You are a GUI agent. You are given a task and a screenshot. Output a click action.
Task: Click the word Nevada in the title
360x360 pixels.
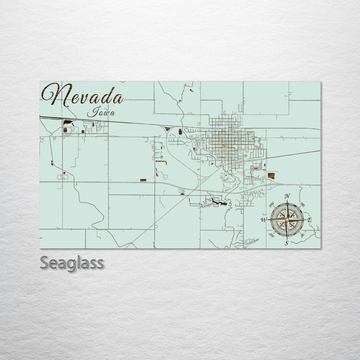click(x=83, y=96)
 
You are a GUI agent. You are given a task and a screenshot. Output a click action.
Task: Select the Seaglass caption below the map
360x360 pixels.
click(x=72, y=262)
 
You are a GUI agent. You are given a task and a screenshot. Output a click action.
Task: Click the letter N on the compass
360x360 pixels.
click(x=287, y=196)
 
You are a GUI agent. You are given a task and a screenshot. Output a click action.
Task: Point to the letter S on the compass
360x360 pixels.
click(x=286, y=243)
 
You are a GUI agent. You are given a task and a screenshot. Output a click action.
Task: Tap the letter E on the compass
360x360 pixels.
click(x=309, y=220)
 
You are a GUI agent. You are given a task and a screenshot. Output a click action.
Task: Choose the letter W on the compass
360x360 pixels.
click(x=263, y=220)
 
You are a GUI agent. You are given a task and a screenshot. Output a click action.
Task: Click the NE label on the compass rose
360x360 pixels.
click(x=302, y=204)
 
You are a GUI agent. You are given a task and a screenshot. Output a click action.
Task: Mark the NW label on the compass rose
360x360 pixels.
click(x=271, y=204)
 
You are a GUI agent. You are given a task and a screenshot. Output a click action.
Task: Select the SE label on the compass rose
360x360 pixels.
click(x=302, y=235)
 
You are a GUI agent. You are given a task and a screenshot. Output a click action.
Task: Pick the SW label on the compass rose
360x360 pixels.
click(x=271, y=235)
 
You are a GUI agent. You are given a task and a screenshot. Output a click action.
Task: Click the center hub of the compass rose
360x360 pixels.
click(x=287, y=219)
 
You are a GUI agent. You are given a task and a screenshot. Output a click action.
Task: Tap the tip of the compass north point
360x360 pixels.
click(x=287, y=200)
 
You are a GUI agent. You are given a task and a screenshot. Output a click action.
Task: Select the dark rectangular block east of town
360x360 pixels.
click(x=271, y=175)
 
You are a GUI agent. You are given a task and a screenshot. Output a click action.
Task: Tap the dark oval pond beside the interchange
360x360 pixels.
click(x=179, y=132)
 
